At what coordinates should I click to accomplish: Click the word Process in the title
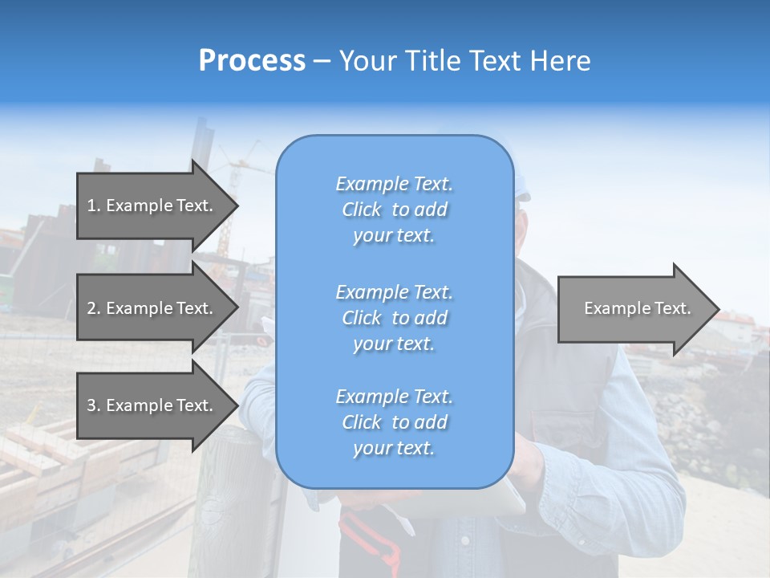tap(252, 61)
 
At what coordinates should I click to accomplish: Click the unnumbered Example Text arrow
tap(637, 308)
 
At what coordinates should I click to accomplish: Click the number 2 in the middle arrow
tap(91, 308)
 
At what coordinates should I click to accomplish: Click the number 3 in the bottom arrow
tap(91, 405)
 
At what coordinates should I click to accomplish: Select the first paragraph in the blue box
tap(394, 210)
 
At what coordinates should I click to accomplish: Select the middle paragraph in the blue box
tap(394, 318)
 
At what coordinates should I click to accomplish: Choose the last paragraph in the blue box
tap(394, 422)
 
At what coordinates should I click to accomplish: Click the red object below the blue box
tap(369, 530)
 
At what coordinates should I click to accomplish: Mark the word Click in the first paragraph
tap(362, 210)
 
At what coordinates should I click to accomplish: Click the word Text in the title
tap(495, 61)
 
